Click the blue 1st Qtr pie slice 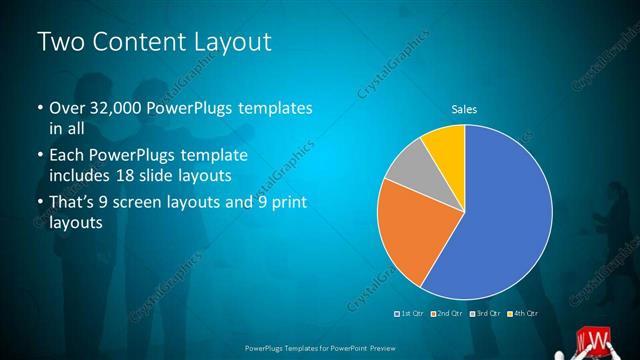pos(500,215)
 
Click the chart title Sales pos(463,108)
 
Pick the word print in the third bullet pos(285,204)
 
